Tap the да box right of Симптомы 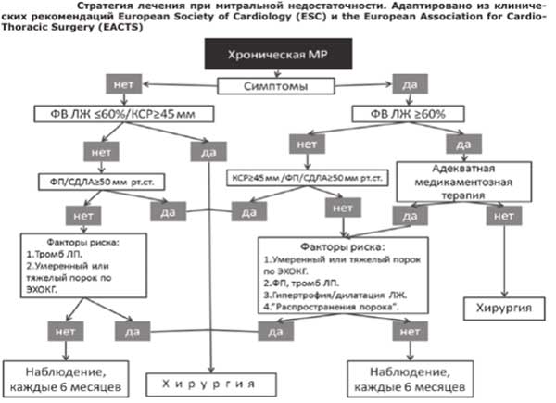pos(411,84)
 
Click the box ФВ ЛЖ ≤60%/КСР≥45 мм pos(112,115)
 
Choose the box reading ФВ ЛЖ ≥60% pos(429,115)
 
